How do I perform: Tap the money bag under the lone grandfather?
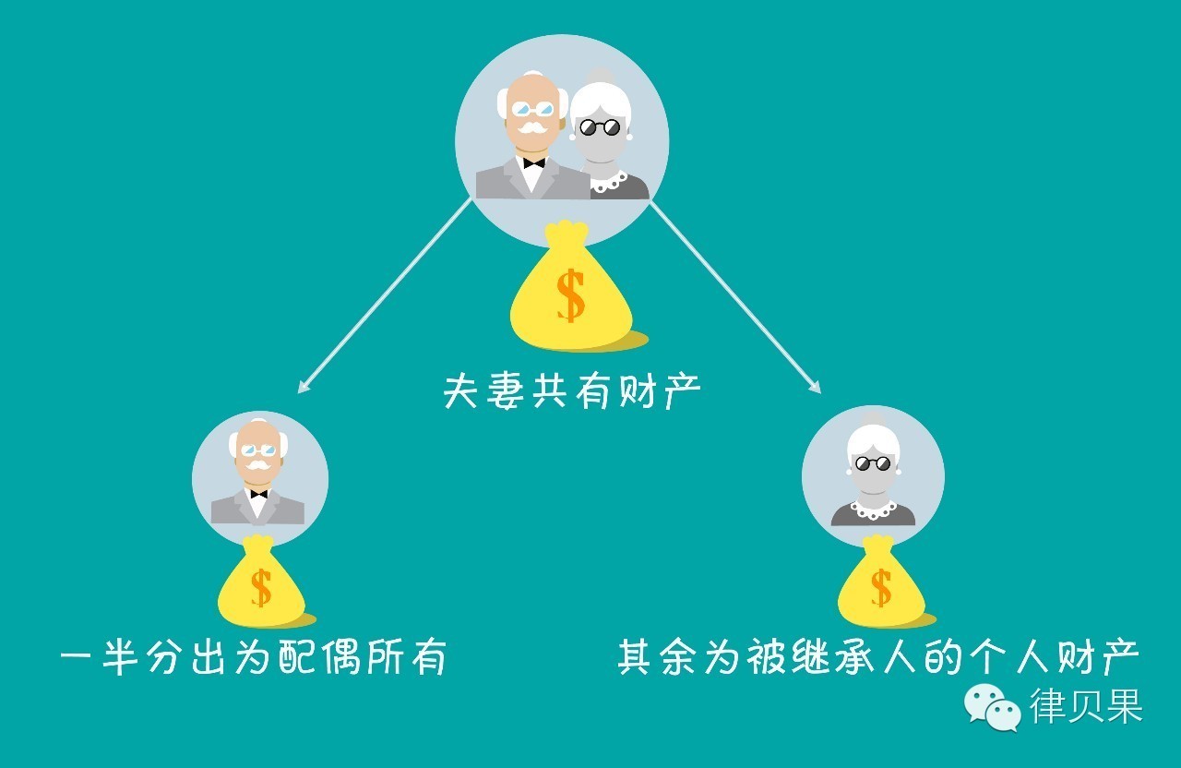click(x=260, y=587)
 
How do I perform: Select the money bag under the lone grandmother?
click(x=881, y=587)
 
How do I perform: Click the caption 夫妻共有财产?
click(x=572, y=391)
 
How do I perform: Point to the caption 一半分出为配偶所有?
click(x=254, y=659)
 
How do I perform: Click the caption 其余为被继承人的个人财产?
click(x=878, y=659)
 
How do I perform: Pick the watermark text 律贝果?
click(x=1087, y=707)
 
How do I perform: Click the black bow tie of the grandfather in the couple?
click(x=533, y=162)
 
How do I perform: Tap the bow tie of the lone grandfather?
click(x=258, y=494)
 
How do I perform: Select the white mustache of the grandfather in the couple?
click(x=531, y=126)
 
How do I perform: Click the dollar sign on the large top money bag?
click(x=571, y=294)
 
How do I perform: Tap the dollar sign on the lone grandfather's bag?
click(x=261, y=589)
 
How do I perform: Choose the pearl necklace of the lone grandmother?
click(x=873, y=507)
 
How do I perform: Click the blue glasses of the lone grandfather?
click(x=258, y=450)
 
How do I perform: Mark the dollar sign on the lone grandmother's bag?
click(x=881, y=589)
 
